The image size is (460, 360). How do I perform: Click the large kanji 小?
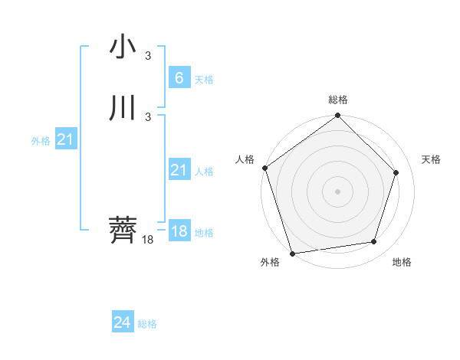pyautogui.click(x=123, y=47)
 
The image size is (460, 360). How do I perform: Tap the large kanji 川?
pyautogui.click(x=123, y=109)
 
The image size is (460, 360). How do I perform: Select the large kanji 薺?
pyautogui.click(x=123, y=229)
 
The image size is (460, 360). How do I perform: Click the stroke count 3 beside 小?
pyautogui.click(x=148, y=56)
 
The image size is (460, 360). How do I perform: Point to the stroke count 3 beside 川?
pyautogui.click(x=148, y=117)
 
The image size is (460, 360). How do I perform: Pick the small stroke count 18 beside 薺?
pyautogui.click(x=148, y=240)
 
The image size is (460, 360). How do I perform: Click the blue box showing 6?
pyautogui.click(x=179, y=77)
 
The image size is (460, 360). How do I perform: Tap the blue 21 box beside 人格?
pyautogui.click(x=179, y=170)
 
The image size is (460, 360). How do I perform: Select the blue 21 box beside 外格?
pyautogui.click(x=65, y=139)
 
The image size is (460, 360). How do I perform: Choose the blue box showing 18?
pyautogui.click(x=179, y=231)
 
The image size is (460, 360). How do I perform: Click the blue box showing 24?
pyautogui.click(x=122, y=322)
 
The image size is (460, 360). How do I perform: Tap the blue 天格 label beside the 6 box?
pyautogui.click(x=204, y=79)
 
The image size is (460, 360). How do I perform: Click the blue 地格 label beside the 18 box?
pyautogui.click(x=204, y=232)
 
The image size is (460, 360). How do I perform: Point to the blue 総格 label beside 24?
pyautogui.click(x=147, y=324)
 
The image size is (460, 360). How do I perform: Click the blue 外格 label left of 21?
pyautogui.click(x=41, y=141)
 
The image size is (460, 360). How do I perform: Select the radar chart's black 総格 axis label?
pyautogui.click(x=338, y=100)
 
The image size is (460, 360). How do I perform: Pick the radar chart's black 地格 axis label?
pyautogui.click(x=402, y=262)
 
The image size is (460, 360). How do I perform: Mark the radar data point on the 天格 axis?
pyautogui.click(x=396, y=172)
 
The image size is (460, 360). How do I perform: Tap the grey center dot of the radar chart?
pyautogui.click(x=337, y=191)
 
